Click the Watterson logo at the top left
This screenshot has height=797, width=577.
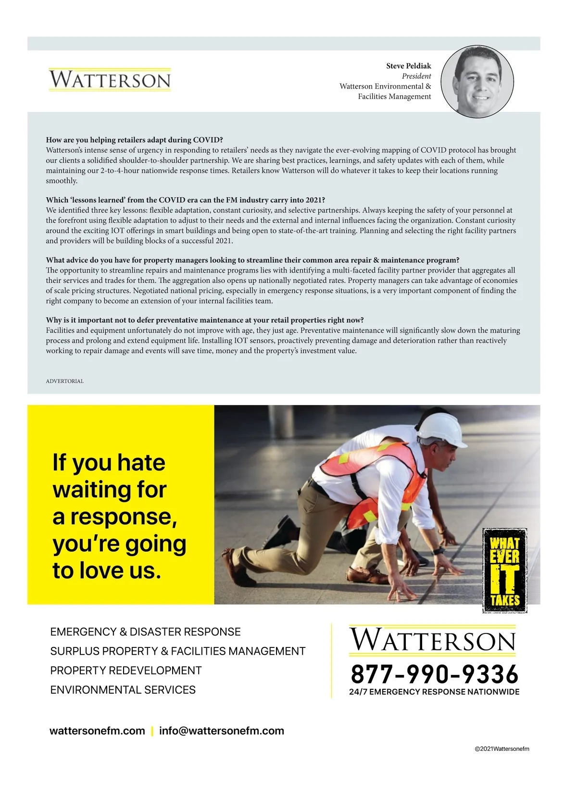(110, 80)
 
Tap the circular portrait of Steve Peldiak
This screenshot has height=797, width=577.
(477, 82)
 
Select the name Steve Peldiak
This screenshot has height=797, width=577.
(408, 66)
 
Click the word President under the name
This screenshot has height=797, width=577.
(416, 76)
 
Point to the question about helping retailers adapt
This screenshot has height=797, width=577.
(134, 140)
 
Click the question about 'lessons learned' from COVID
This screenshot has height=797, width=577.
(185, 200)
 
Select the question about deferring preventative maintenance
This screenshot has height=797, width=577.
(204, 320)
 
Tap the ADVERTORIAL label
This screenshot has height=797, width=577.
(64, 381)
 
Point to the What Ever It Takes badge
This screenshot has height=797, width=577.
(504, 570)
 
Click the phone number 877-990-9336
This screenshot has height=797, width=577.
(434, 674)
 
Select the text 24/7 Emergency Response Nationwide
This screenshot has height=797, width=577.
(434, 692)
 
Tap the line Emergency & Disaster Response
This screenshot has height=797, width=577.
(145, 632)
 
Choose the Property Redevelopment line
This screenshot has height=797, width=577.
(125, 670)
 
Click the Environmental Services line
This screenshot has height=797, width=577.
(123, 690)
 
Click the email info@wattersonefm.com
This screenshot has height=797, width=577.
(221, 731)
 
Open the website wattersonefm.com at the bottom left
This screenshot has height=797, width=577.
(97, 731)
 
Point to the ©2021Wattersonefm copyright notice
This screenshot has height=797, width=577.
(502, 749)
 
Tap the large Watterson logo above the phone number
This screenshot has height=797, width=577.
(432, 641)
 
